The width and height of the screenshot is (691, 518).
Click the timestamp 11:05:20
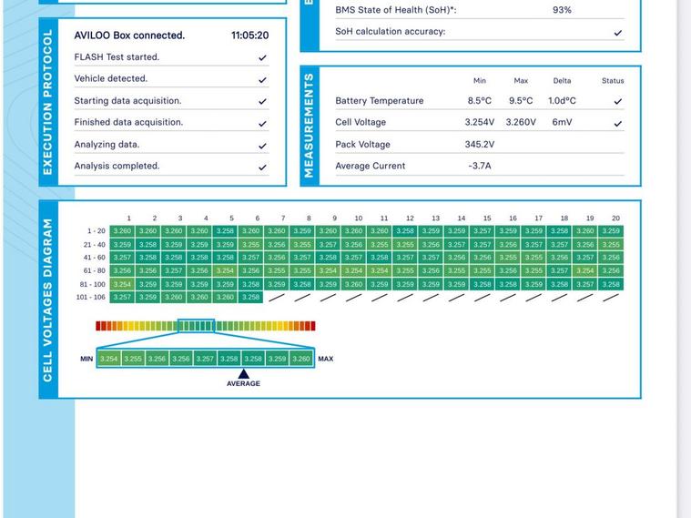point(249,36)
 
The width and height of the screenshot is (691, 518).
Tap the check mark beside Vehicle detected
point(262,79)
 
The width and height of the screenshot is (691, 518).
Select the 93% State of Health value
point(562,10)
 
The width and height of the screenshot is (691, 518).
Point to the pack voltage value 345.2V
point(479,144)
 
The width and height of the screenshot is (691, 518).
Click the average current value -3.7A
point(479,166)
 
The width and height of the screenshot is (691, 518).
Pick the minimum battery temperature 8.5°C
point(479,101)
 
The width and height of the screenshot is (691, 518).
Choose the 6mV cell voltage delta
point(562,122)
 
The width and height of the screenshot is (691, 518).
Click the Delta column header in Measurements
point(562,81)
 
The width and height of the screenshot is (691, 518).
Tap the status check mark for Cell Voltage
point(617,123)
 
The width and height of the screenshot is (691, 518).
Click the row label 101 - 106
point(90,297)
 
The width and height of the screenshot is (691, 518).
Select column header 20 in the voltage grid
point(615,218)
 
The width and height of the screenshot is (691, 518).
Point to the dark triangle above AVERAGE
point(243,373)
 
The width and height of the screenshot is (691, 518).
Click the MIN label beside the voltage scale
point(86,359)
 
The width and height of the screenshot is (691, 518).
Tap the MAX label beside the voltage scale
point(325,359)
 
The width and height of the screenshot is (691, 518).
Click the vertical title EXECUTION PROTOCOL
point(48,102)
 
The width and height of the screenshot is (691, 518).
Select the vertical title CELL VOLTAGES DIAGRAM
point(48,300)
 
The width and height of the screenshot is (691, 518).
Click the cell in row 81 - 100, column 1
point(122,284)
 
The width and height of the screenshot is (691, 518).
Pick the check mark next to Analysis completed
point(262,167)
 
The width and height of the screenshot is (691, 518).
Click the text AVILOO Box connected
point(129,36)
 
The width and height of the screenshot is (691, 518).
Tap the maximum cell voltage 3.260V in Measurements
point(521,122)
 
